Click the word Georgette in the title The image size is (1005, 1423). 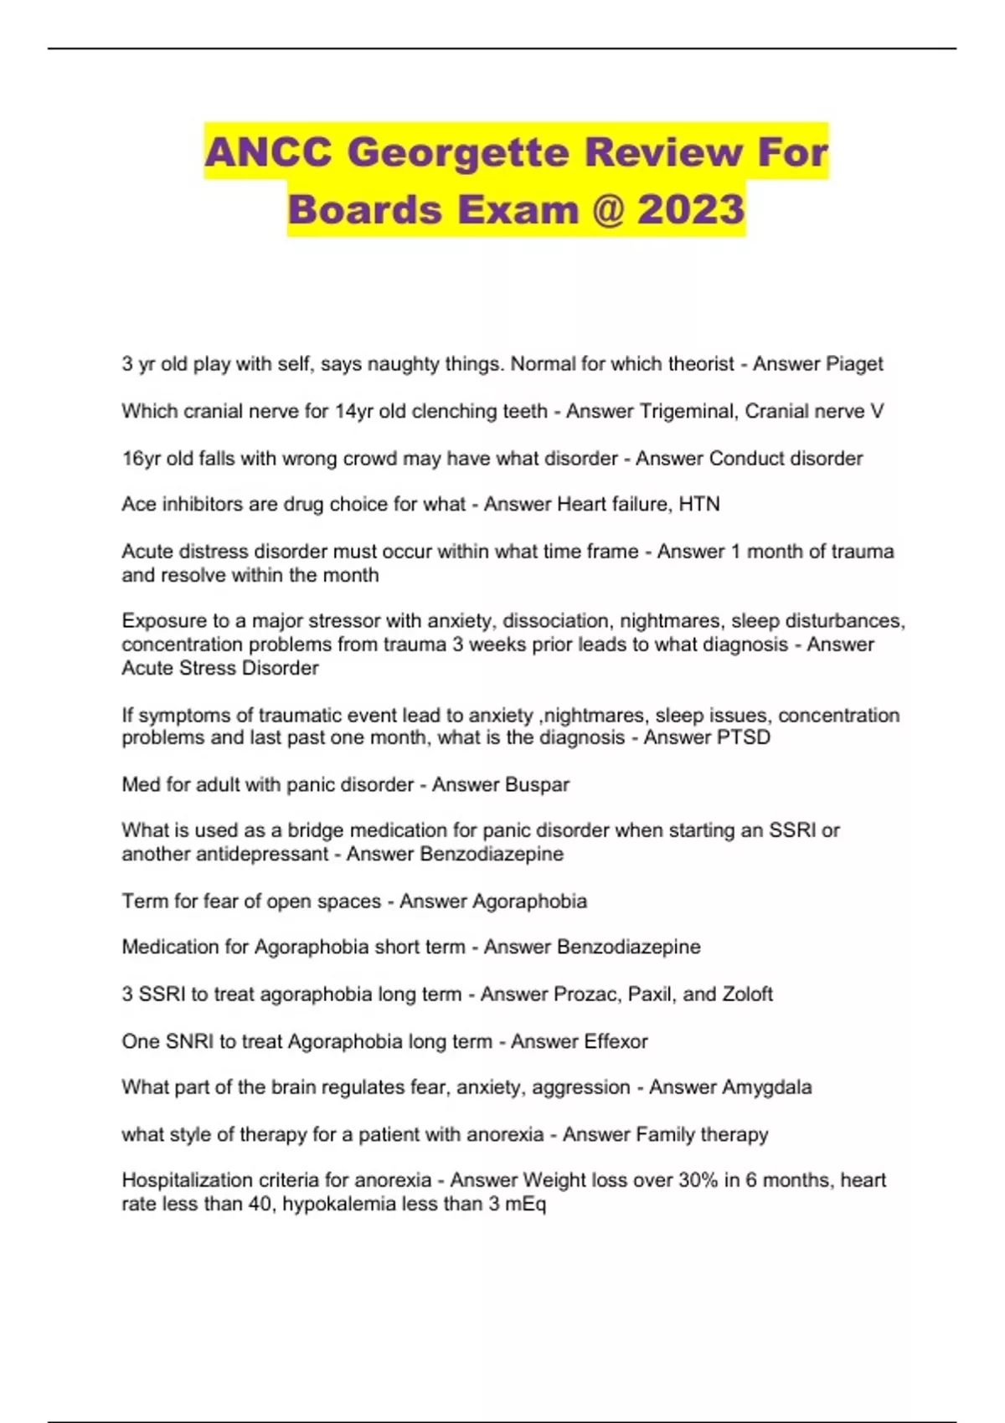click(x=459, y=153)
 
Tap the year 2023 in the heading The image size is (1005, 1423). click(x=691, y=209)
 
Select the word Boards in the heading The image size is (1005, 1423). click(x=364, y=209)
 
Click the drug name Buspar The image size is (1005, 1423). click(x=537, y=785)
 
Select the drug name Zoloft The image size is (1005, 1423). click(x=747, y=994)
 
